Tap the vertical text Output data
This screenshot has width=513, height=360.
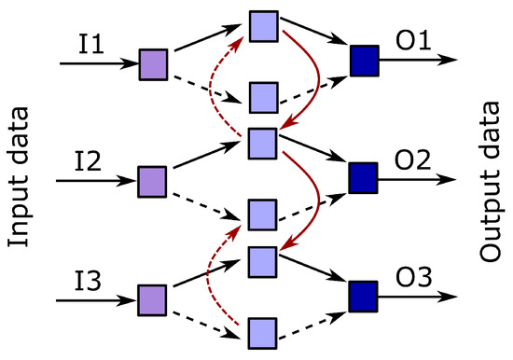[491, 181]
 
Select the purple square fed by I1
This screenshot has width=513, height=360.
[152, 64]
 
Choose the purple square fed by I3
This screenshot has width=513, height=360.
[152, 299]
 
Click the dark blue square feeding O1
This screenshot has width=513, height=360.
[363, 61]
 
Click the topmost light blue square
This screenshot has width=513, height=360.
[264, 27]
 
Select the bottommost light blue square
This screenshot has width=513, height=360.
[264, 332]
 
